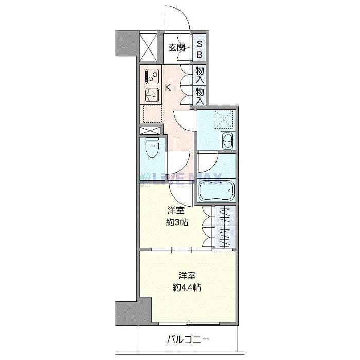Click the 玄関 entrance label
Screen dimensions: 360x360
tap(176, 48)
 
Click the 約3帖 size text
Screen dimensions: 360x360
tap(176, 223)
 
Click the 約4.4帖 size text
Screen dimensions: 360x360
tap(186, 287)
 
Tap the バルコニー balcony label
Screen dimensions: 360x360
tap(188, 339)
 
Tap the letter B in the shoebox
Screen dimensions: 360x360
tap(200, 54)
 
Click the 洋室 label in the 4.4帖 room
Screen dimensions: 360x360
tap(186, 275)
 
